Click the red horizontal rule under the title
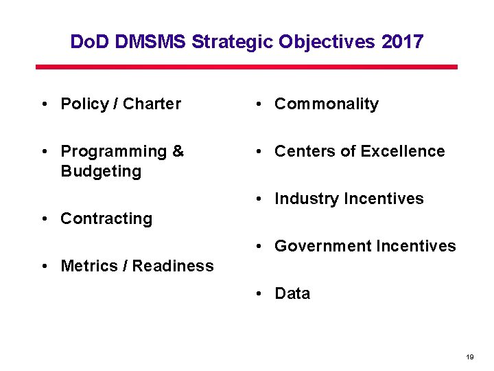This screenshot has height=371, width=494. pyautogui.click(x=246, y=67)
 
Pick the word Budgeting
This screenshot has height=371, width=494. pyautogui.click(x=101, y=171)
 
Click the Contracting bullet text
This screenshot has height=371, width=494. pyautogui.click(x=106, y=218)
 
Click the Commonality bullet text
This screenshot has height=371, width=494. pyautogui.click(x=326, y=104)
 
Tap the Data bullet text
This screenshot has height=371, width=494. pyautogui.click(x=292, y=293)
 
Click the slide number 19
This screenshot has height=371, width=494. pyautogui.click(x=470, y=357)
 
